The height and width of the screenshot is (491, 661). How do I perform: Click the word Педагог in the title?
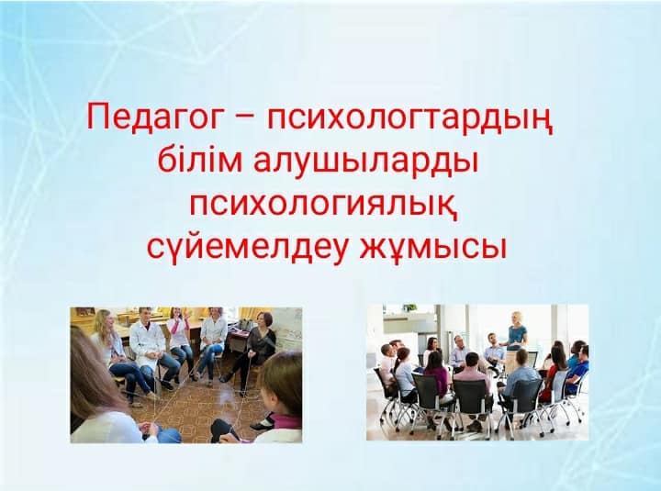(x=154, y=117)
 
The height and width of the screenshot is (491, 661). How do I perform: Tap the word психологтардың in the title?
(x=409, y=119)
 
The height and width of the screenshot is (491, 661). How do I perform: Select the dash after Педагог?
(x=243, y=119)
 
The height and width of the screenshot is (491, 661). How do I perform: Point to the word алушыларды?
(x=366, y=163)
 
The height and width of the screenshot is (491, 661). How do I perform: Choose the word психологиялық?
(x=324, y=206)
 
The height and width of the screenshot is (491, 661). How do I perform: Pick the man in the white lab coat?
(x=149, y=346)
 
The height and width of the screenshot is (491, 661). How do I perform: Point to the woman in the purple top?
(x=436, y=376)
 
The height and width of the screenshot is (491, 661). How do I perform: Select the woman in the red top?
(x=553, y=371)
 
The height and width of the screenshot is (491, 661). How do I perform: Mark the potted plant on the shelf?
(x=408, y=307)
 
